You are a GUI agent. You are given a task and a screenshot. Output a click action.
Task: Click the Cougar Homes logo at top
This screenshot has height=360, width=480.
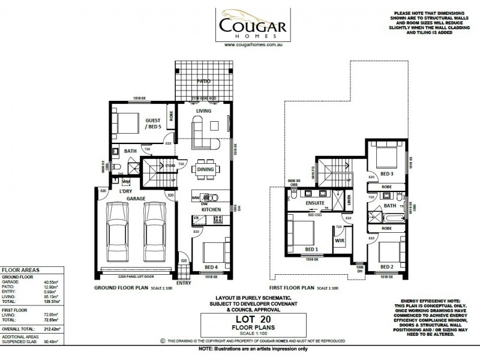pyautogui.click(x=241, y=24)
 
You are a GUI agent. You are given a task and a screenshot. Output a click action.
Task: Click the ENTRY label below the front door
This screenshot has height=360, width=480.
pyautogui.click(x=184, y=282)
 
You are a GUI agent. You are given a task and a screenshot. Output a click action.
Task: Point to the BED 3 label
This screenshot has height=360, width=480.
pyautogui.click(x=386, y=174)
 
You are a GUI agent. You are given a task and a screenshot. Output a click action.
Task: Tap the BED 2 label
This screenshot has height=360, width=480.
pyautogui.click(x=387, y=266)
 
